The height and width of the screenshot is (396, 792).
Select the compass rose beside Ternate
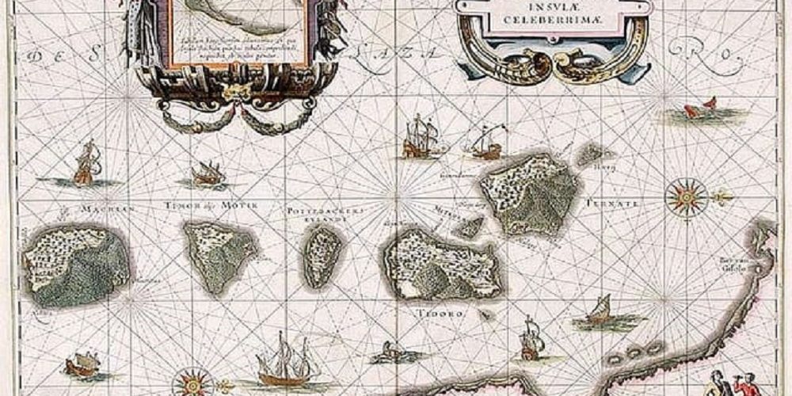tap(686, 196)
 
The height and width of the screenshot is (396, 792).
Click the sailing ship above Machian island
tap(85, 165)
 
